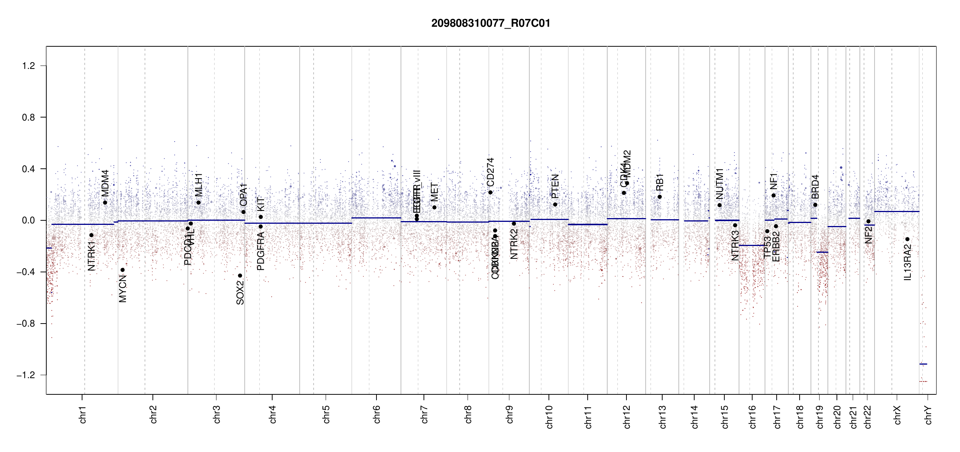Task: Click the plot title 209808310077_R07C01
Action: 491,23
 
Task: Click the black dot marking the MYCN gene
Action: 122,270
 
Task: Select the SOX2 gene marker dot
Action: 240,276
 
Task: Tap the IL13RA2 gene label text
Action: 908,262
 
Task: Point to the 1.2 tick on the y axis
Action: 29,66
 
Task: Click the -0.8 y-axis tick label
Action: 26,324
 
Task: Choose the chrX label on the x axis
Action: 897,415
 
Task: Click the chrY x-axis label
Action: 928,415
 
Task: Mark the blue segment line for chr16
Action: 752,246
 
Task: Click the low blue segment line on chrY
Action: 923,364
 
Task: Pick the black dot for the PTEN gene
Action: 555,205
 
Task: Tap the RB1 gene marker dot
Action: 660,197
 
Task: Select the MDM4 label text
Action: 105,183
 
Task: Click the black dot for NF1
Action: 774,195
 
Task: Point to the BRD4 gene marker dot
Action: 815,205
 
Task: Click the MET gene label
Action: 434,192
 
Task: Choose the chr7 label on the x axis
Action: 424,414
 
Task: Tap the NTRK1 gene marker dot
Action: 91,235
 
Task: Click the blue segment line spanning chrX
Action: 897,212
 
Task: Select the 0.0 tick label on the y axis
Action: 29,220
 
